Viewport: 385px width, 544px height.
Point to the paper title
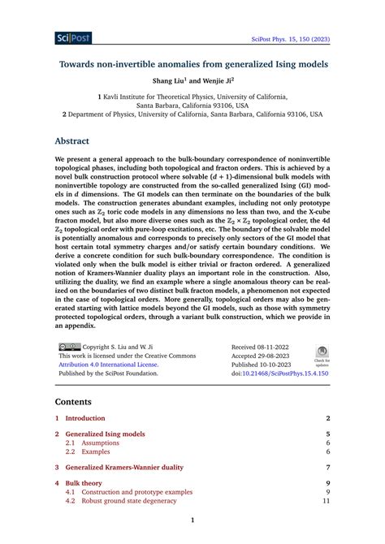coord(192,63)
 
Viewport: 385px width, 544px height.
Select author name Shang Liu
coord(171,80)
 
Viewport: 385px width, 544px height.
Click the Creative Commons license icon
coord(67,345)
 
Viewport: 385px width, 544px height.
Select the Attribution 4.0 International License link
coord(108,365)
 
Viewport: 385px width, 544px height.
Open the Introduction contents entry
coord(84,418)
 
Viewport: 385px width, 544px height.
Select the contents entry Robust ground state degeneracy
coord(123,501)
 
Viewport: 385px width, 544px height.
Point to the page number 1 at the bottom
coord(192,520)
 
